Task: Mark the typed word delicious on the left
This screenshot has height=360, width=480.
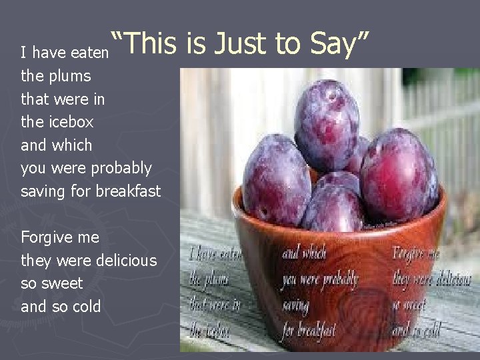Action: tap(127, 261)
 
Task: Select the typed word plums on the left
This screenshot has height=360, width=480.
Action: tap(70, 76)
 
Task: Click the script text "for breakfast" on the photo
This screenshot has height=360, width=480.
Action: tap(308, 330)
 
